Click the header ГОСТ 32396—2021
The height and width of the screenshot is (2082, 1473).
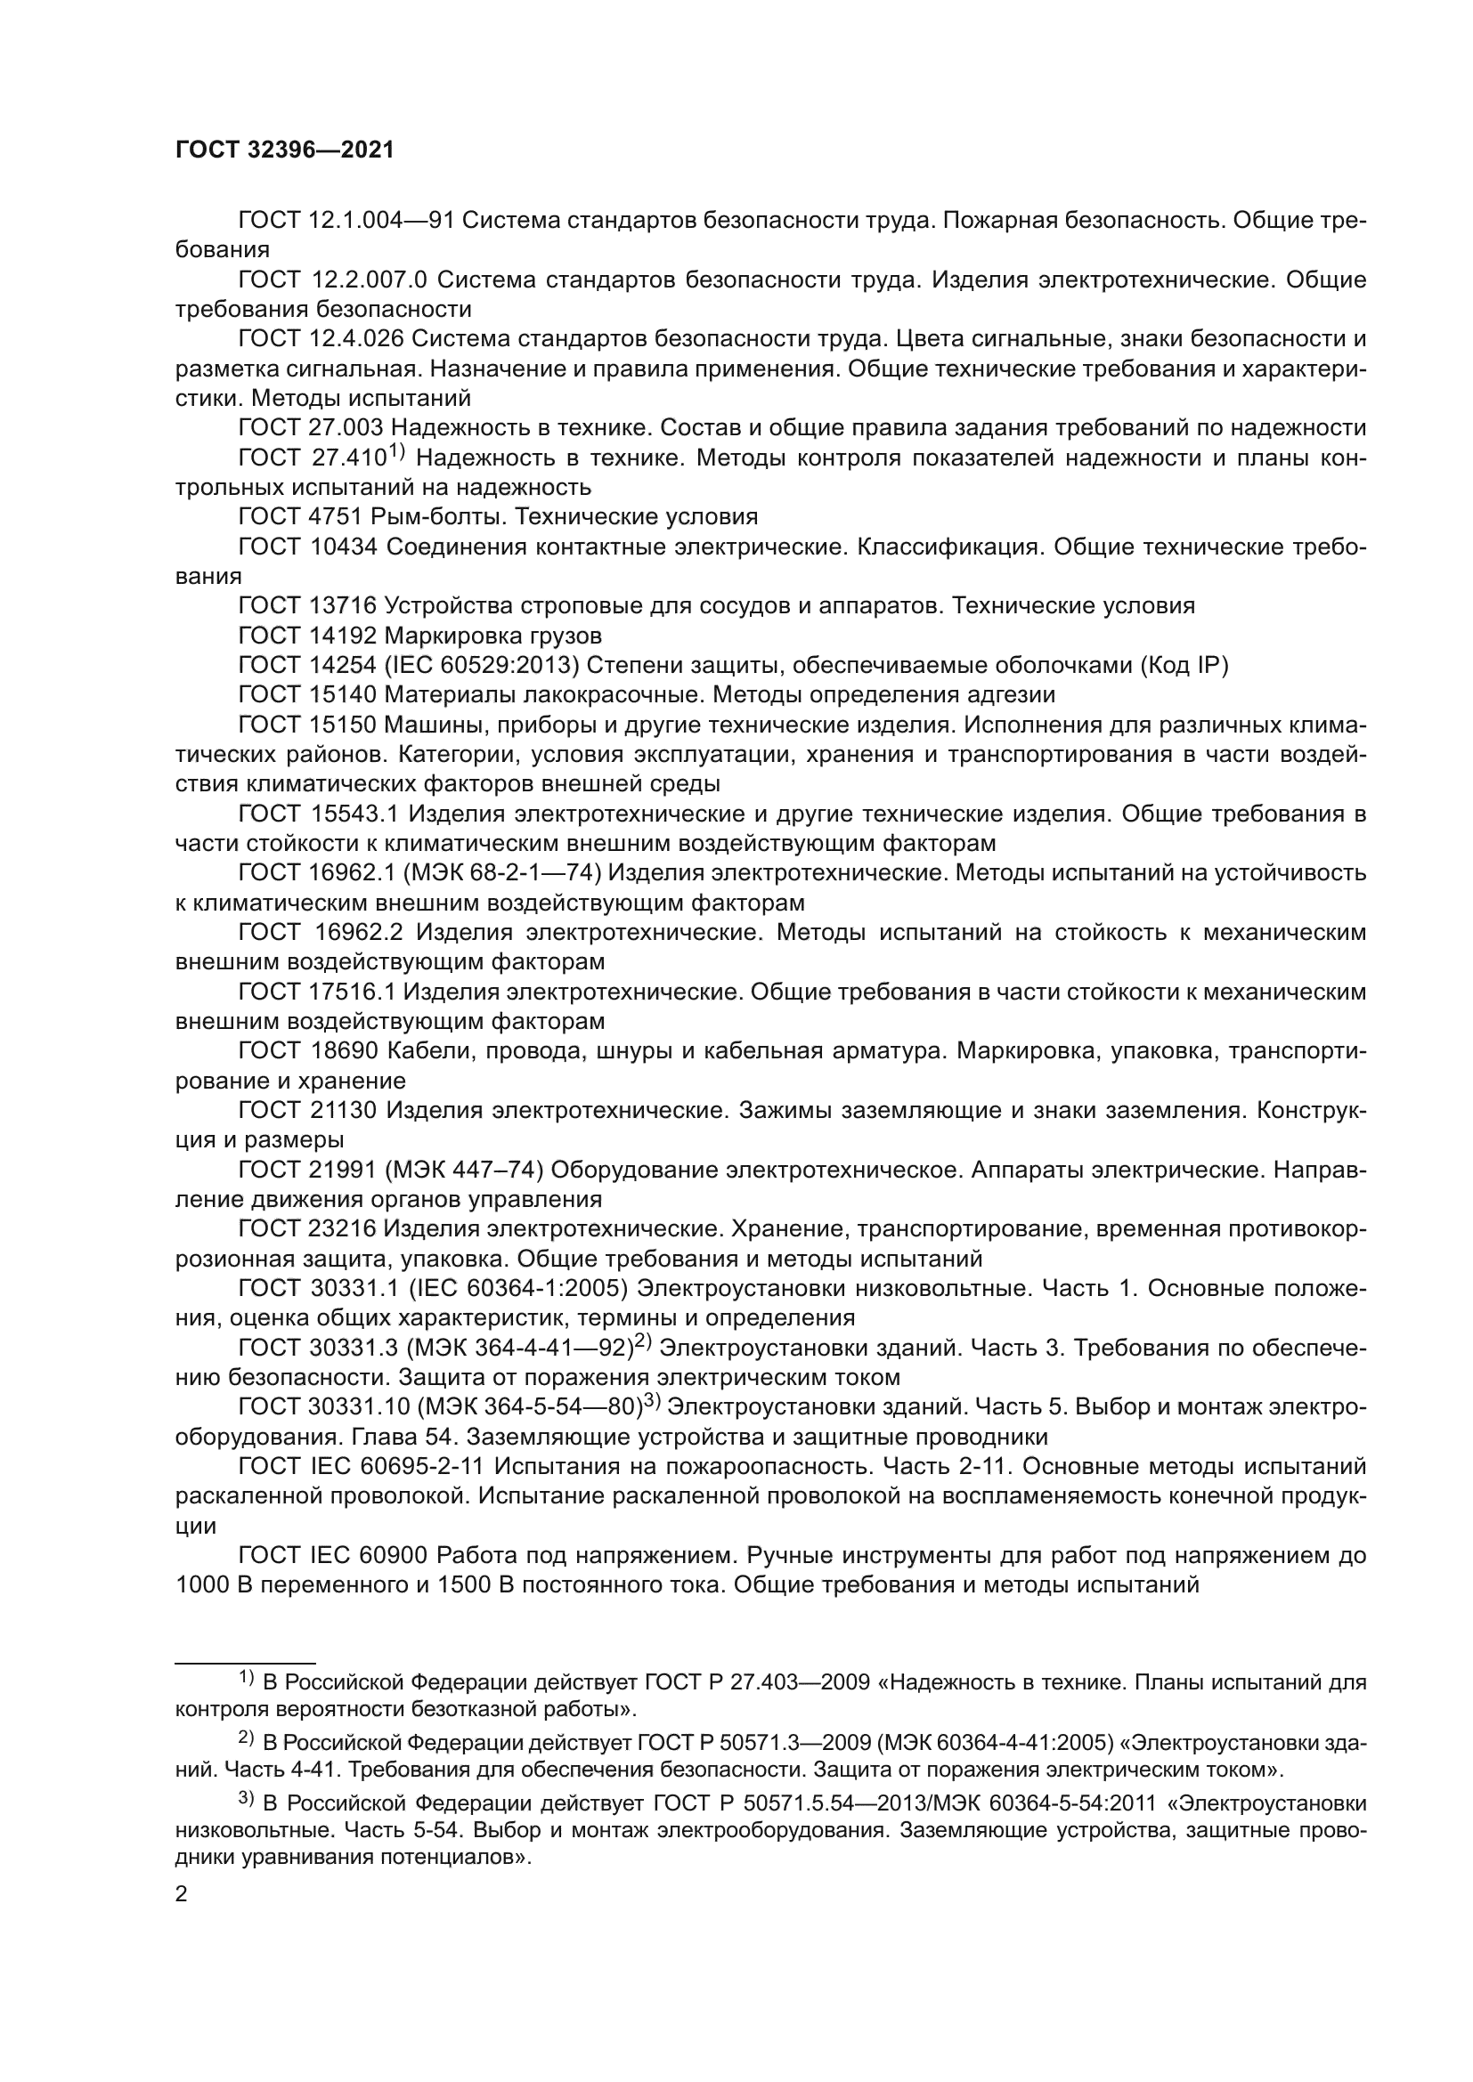point(285,150)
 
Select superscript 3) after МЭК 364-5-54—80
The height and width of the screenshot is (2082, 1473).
point(654,1402)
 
